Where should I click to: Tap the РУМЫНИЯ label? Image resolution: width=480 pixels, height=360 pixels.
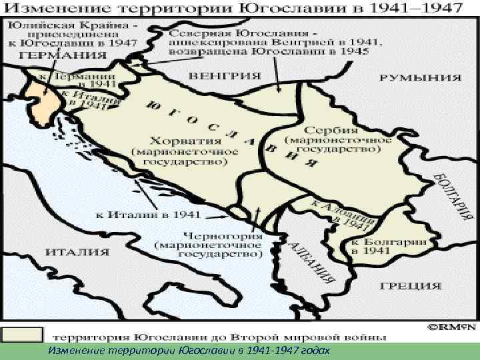click(x=420, y=77)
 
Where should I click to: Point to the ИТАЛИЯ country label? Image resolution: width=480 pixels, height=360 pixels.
click(x=78, y=252)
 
